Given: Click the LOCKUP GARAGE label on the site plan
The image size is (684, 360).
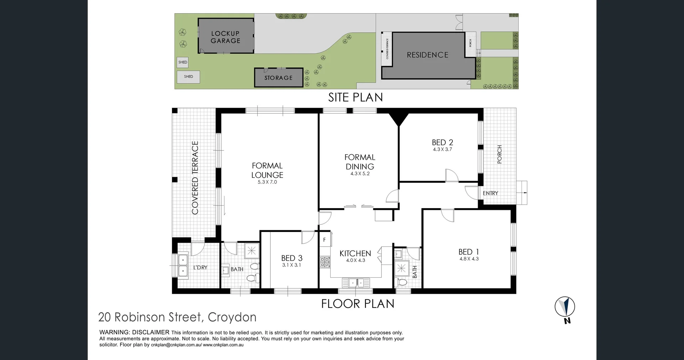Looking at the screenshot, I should [226, 37].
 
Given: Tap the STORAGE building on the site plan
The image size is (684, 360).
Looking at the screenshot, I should [278, 78].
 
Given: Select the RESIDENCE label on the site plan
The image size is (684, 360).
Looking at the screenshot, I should [427, 55].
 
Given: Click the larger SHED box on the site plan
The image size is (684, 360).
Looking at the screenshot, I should [188, 77].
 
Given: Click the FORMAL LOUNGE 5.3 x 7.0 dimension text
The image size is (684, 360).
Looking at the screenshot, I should [267, 182].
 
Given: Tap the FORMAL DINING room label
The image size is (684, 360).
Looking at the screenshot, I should [360, 162].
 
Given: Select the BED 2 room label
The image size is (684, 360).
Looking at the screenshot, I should [442, 142].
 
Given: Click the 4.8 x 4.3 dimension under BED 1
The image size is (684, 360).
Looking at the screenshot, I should [469, 259].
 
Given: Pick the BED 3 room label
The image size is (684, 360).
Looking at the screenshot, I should [292, 258].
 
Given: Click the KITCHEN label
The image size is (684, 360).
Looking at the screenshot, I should [355, 253].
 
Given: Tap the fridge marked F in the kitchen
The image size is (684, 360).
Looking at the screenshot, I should [325, 240].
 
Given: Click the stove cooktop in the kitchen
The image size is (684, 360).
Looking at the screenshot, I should [325, 262].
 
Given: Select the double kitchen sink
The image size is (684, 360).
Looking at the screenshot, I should [356, 283].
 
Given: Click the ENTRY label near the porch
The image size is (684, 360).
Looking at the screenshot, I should [490, 193].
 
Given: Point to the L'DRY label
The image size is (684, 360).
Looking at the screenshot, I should [200, 268].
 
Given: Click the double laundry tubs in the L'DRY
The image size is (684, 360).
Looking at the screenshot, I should [183, 265].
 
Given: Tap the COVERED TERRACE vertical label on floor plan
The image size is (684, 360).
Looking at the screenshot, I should [195, 178].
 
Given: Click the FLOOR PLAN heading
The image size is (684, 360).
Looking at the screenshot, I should [358, 304].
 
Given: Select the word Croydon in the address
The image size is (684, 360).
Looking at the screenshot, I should [232, 317].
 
